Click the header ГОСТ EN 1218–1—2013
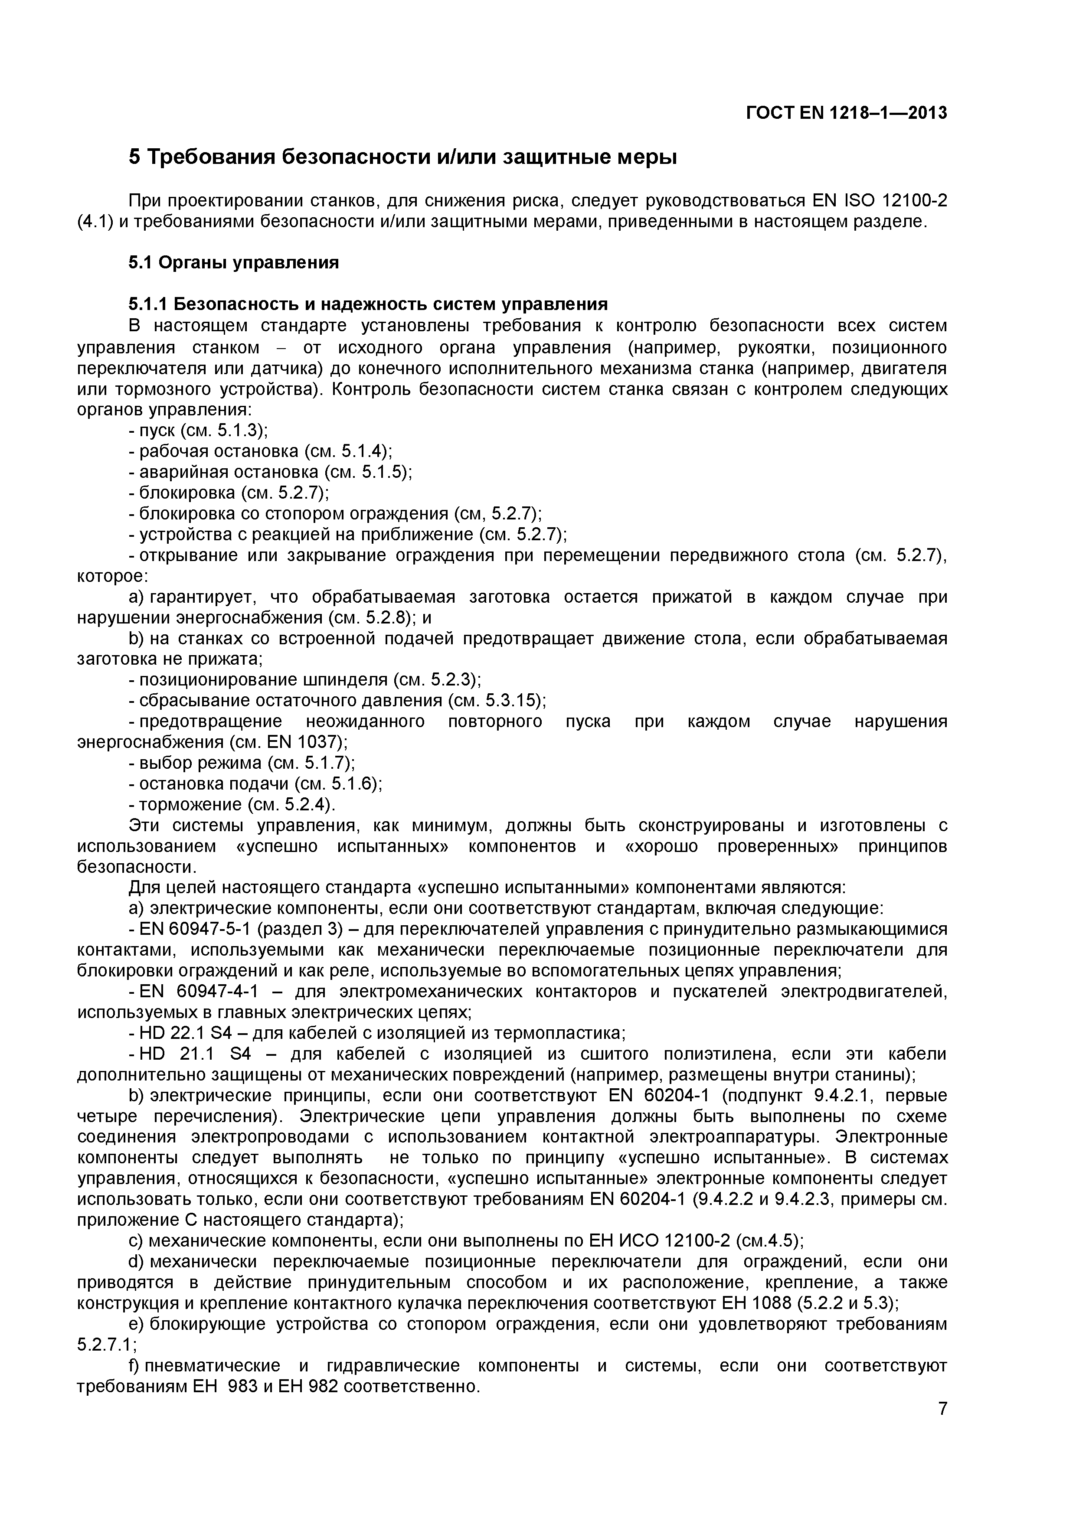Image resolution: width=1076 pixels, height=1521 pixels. pos(846,113)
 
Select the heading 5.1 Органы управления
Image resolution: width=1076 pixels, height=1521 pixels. pos(233,263)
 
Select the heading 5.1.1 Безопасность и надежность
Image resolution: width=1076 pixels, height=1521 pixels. pos(368,304)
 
